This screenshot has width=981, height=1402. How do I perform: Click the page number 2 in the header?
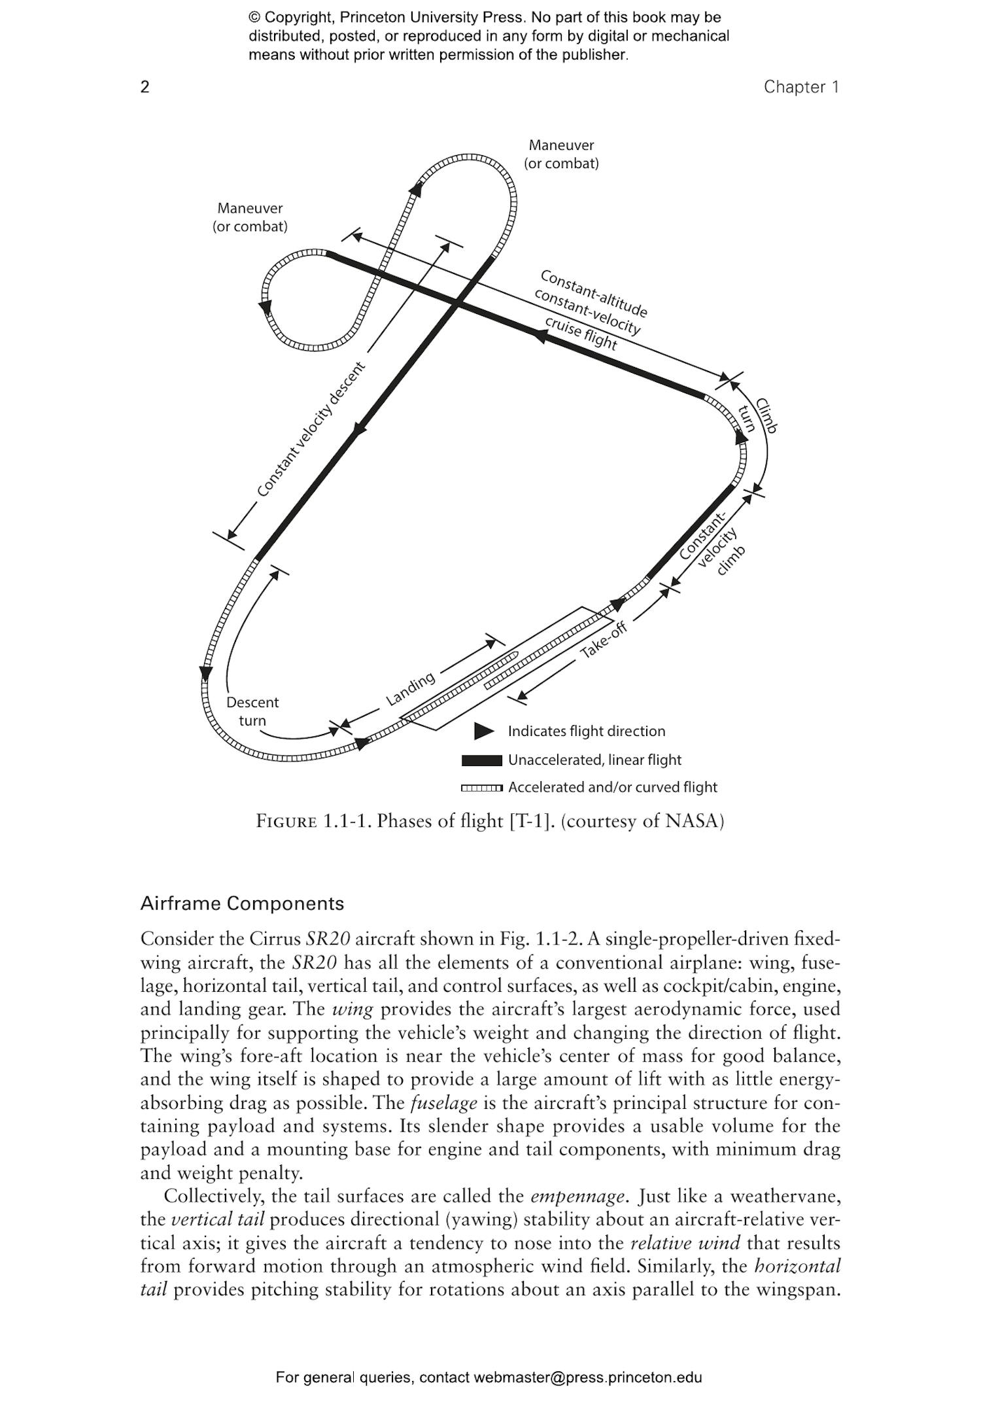[x=145, y=87]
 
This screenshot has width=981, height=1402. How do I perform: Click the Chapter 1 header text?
[x=800, y=87]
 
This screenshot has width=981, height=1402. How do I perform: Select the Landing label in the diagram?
[x=410, y=689]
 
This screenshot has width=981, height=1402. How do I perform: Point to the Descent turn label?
[x=252, y=711]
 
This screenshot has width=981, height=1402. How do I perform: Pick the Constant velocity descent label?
[x=309, y=429]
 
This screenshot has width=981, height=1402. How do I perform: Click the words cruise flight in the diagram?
[x=581, y=333]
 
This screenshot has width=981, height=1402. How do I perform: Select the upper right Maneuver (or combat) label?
[x=561, y=154]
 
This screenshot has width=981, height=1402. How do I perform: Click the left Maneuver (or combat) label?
[x=250, y=217]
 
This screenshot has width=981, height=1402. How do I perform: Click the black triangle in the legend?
[x=483, y=731]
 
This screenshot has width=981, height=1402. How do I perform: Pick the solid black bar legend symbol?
[x=481, y=760]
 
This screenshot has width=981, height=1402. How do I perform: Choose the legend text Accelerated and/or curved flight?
[x=612, y=787]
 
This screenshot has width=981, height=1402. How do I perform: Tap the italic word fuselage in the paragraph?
[x=443, y=1103]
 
